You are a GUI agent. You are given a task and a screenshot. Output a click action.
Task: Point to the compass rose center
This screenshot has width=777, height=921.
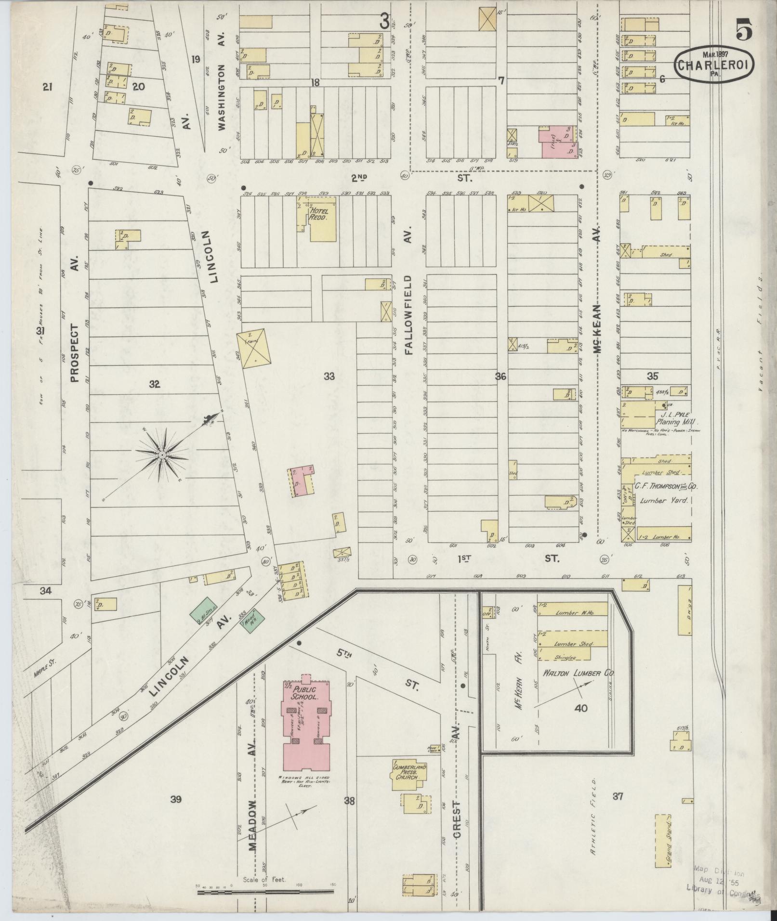pyautogui.click(x=163, y=454)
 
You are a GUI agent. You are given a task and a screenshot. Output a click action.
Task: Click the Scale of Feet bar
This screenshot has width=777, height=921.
pyautogui.click(x=265, y=892)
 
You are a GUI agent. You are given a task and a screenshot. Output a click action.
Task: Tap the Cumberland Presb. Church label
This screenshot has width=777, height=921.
pyautogui.click(x=409, y=771)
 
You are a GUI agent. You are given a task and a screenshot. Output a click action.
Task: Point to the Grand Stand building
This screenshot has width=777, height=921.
pyautogui.click(x=663, y=841)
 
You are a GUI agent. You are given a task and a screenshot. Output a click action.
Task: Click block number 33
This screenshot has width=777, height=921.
pyautogui.click(x=329, y=376)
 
